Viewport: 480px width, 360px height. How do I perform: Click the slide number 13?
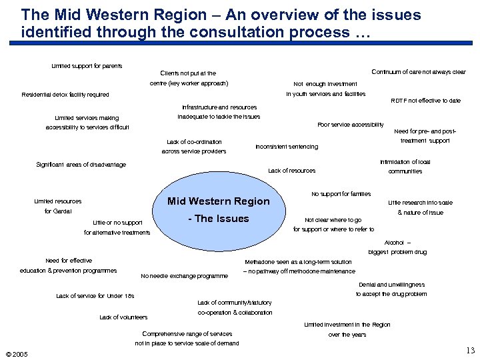470,351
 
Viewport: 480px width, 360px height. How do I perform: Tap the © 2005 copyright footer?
16,354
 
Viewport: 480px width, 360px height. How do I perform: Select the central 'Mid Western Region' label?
218,201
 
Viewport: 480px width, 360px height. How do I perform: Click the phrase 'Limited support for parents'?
87,66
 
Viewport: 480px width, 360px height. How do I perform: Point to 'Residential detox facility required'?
65,95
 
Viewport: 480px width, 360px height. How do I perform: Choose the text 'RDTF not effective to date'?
425,101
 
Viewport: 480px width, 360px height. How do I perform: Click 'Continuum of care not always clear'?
419,72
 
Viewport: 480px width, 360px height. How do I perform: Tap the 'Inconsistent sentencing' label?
287,147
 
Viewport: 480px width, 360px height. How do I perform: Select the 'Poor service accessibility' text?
351,125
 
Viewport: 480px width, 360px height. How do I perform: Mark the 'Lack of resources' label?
291,171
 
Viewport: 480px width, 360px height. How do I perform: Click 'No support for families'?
341,194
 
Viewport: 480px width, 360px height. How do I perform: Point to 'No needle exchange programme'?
185,276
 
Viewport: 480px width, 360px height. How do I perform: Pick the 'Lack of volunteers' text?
123,317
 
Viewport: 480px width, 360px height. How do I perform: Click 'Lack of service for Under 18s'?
95,295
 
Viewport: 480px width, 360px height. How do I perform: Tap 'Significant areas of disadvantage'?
81,165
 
